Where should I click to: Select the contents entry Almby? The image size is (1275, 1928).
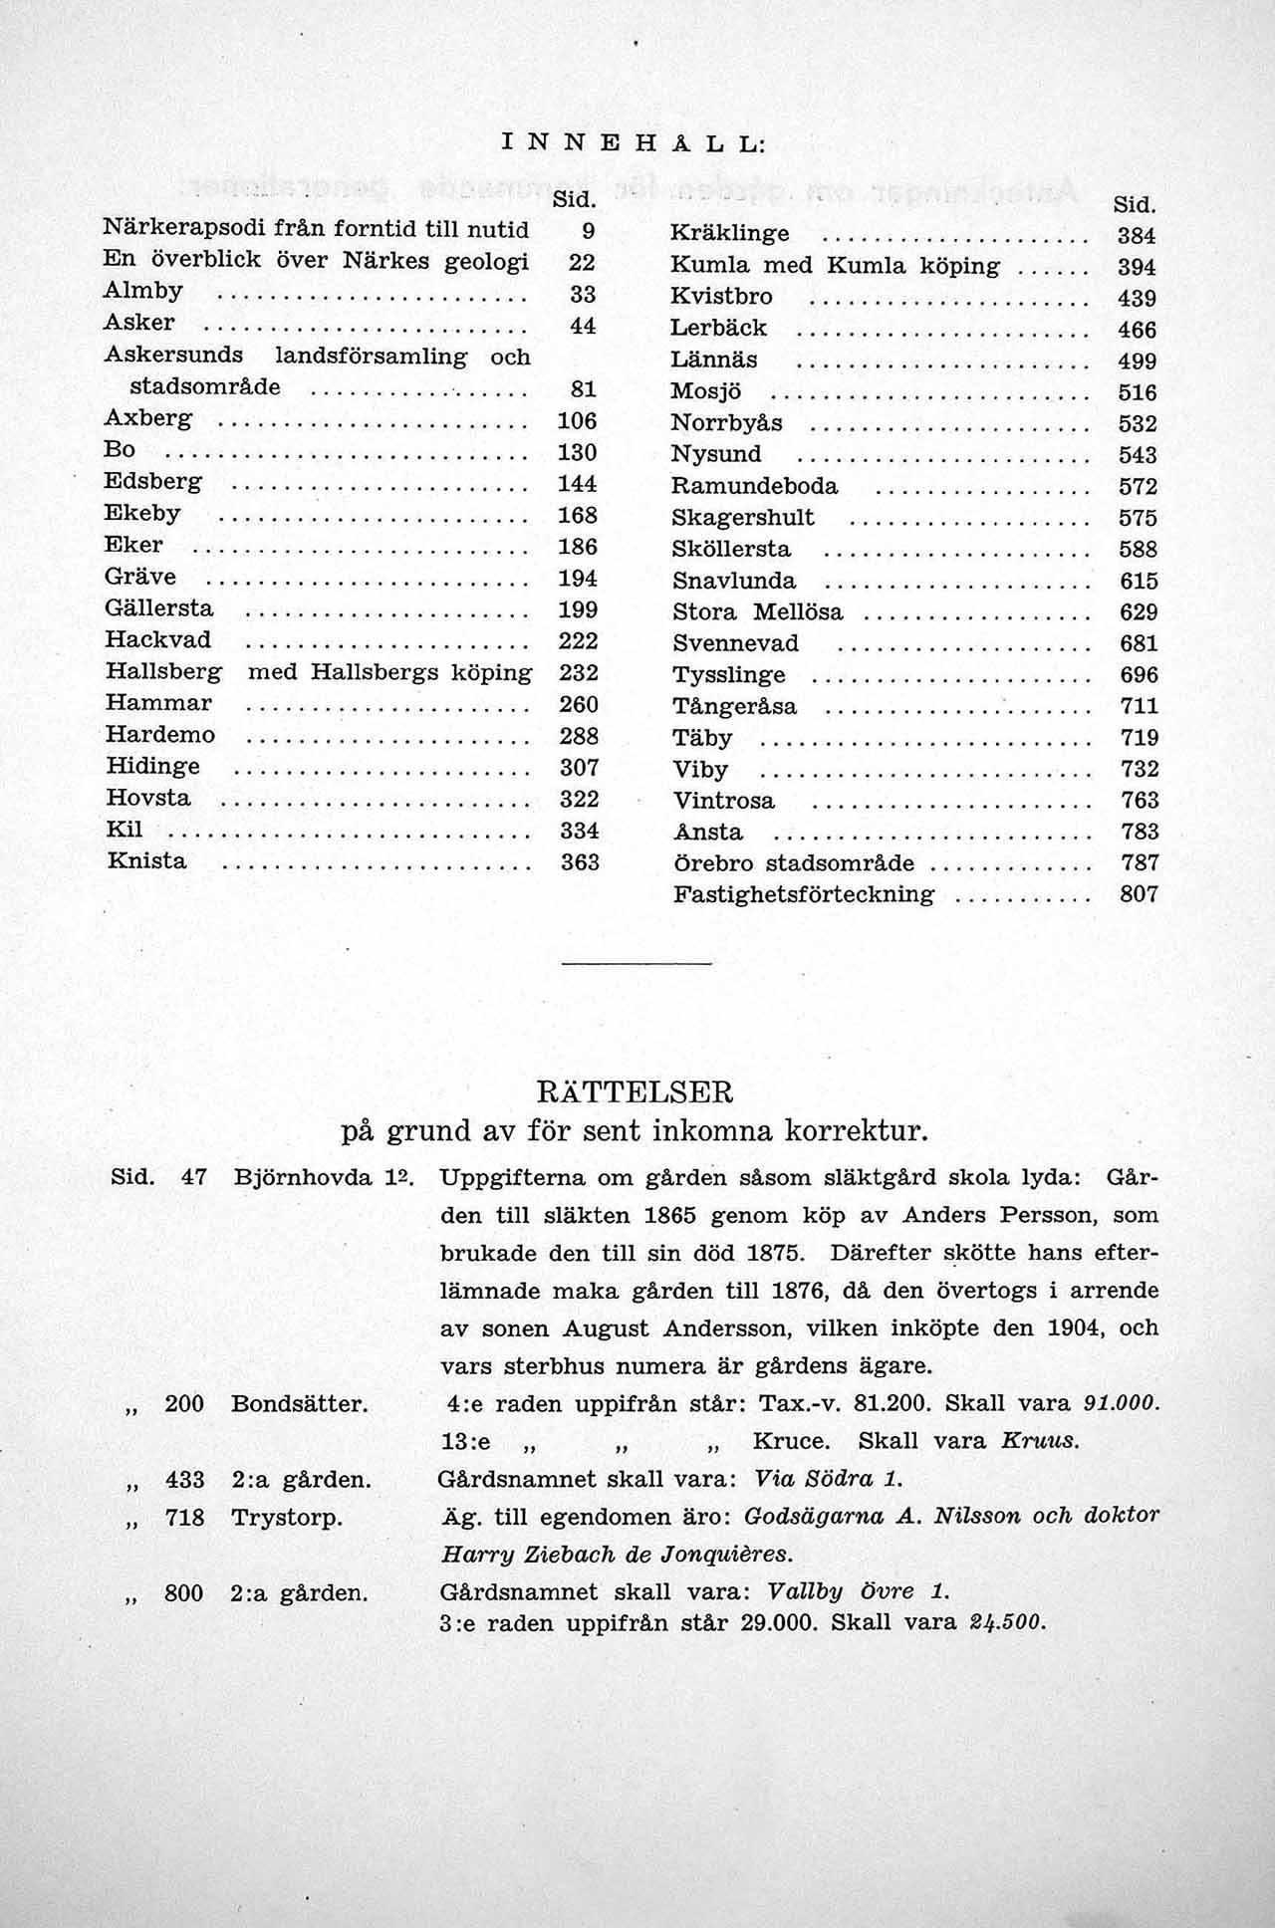click(143, 291)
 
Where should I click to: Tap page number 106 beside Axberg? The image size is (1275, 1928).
click(577, 420)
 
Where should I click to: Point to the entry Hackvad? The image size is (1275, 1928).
click(158, 639)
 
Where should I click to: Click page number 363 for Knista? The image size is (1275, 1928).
click(579, 861)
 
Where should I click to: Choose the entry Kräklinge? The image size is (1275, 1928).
click(729, 234)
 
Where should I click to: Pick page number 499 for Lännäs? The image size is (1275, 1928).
click(1138, 361)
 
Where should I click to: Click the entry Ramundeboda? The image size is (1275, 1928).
click(754, 486)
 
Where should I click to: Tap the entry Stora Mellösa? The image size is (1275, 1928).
click(757, 611)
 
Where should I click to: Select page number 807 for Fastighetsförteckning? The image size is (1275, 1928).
click(1139, 893)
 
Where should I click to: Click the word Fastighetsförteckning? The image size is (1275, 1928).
click(804, 893)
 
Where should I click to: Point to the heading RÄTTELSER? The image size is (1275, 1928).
click(635, 1092)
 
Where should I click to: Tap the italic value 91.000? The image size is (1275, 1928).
click(1122, 1403)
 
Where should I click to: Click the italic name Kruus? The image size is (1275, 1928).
click(1040, 1441)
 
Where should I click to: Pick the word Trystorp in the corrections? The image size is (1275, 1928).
click(287, 1517)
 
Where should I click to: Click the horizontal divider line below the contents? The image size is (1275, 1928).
click(637, 964)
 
